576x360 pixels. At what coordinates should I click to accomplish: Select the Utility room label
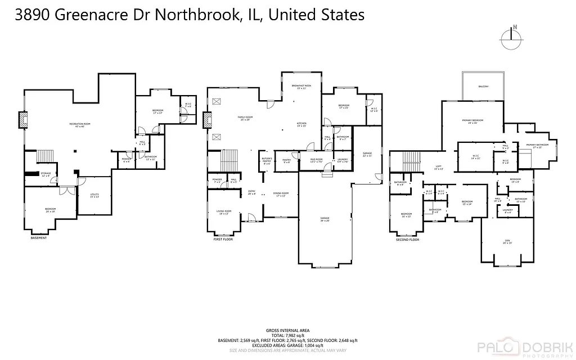(x=94, y=196)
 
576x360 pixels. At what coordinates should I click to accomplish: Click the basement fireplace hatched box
(x=22, y=120)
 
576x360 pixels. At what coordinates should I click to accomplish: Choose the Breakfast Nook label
(x=301, y=87)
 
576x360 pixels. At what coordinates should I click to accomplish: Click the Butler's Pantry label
(x=267, y=161)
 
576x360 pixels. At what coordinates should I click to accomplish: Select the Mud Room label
(x=316, y=160)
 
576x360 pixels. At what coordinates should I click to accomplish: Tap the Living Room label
(x=223, y=213)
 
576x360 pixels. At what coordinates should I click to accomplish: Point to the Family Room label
(x=246, y=118)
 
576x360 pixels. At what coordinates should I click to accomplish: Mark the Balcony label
(x=483, y=87)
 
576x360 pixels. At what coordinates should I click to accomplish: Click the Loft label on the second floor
(x=439, y=167)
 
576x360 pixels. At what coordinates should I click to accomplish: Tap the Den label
(x=507, y=241)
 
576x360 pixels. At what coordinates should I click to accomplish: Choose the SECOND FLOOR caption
(x=408, y=240)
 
